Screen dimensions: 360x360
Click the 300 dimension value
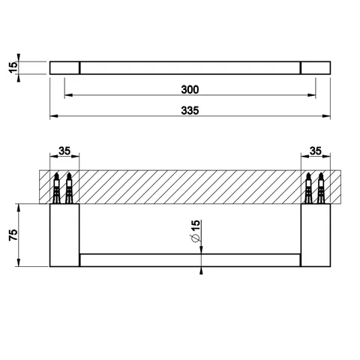pos(190,89)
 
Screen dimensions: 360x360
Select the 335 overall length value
pos(190,110)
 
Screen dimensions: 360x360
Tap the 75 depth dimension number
pos(13,235)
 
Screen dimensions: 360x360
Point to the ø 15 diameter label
pos(196,231)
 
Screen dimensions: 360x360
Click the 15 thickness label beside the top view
pos(13,67)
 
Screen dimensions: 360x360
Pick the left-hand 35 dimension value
pos(64,151)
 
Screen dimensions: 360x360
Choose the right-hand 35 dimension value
pos(316,151)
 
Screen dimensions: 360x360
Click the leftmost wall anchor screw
pos(57,188)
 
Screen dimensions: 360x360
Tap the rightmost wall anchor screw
pos(320,188)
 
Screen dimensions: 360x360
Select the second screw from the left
pos(69,188)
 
